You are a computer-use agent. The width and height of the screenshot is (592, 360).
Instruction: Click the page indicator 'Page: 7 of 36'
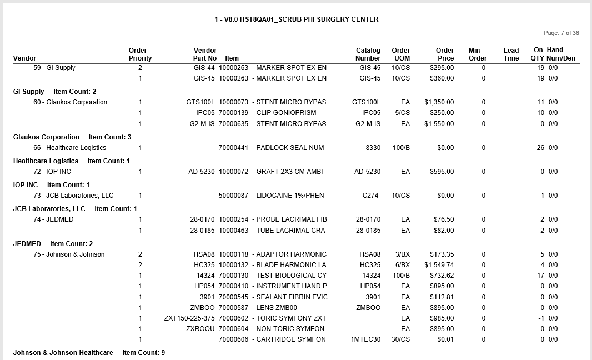point(561,33)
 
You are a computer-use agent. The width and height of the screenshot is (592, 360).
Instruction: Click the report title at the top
point(297,19)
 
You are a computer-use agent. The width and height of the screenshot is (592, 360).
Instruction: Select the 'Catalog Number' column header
point(368,54)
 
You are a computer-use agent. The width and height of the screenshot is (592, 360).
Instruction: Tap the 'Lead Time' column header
point(511,54)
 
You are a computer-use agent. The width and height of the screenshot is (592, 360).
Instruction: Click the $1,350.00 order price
point(439,102)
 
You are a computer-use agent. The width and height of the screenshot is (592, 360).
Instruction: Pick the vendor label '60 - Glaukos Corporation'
point(70,102)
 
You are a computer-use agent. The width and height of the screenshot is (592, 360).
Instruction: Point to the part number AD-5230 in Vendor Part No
point(201,172)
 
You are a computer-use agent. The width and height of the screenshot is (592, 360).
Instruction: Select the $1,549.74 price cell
point(439,265)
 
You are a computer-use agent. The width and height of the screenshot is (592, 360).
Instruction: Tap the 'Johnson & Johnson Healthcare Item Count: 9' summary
point(89,353)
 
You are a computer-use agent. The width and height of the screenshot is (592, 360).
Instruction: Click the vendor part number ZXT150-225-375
point(189,318)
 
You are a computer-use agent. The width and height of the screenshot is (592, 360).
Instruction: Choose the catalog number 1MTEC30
point(365,339)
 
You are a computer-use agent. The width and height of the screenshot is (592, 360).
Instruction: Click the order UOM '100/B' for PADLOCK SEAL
point(401,148)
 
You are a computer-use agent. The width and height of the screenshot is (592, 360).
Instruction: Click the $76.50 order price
point(444,219)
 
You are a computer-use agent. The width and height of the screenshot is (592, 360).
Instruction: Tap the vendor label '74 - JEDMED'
point(53,219)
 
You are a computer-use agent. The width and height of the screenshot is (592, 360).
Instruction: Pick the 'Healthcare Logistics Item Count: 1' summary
point(72,161)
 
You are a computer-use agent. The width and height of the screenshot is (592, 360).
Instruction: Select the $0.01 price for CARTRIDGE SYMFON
point(445,339)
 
